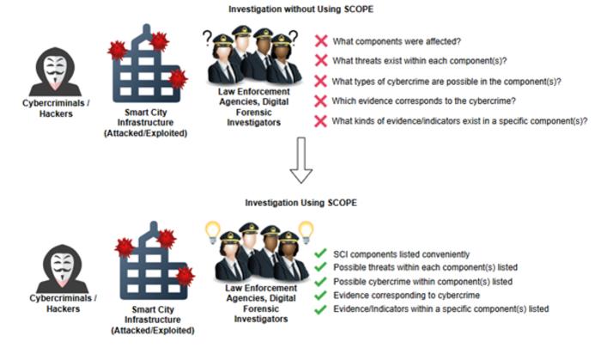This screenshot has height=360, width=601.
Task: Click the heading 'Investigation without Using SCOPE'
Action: (300, 9)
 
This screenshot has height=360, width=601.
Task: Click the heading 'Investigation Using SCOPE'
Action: (300, 203)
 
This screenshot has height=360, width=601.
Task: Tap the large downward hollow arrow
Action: (300, 161)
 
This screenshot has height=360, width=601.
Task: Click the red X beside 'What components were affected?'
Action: (321, 41)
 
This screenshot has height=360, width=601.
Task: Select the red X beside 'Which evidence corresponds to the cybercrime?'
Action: (320, 101)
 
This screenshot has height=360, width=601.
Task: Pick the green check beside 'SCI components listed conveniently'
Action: (320, 253)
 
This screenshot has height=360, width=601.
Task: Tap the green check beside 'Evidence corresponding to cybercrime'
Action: (320, 296)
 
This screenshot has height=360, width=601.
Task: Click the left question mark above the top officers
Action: (207, 38)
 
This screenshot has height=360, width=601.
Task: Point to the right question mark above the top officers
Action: (294, 37)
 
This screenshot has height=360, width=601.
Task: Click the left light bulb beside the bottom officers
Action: (213, 232)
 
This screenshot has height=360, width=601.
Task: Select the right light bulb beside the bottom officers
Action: (306, 232)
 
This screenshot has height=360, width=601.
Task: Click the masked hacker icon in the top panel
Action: (55, 72)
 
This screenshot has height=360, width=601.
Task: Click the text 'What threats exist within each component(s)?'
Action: (420, 61)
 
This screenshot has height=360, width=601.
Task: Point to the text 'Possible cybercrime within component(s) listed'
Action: (422, 282)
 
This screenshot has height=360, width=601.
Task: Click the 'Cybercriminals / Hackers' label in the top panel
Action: (56, 108)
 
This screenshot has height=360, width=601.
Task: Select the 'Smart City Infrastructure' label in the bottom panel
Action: (153, 314)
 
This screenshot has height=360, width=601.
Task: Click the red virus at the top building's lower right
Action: (178, 79)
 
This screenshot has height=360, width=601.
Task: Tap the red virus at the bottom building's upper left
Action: (124, 247)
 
